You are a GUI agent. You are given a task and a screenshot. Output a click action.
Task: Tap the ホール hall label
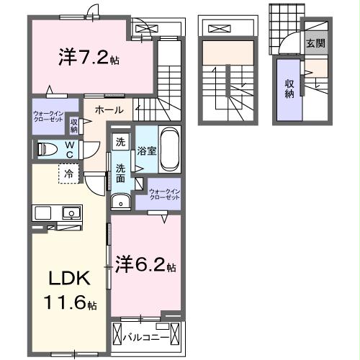pyautogui.click(x=108, y=110)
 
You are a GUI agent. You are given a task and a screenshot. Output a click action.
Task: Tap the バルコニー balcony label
pyautogui.click(x=145, y=337)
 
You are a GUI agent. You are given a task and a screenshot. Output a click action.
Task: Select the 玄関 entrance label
pyautogui.click(x=315, y=43)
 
